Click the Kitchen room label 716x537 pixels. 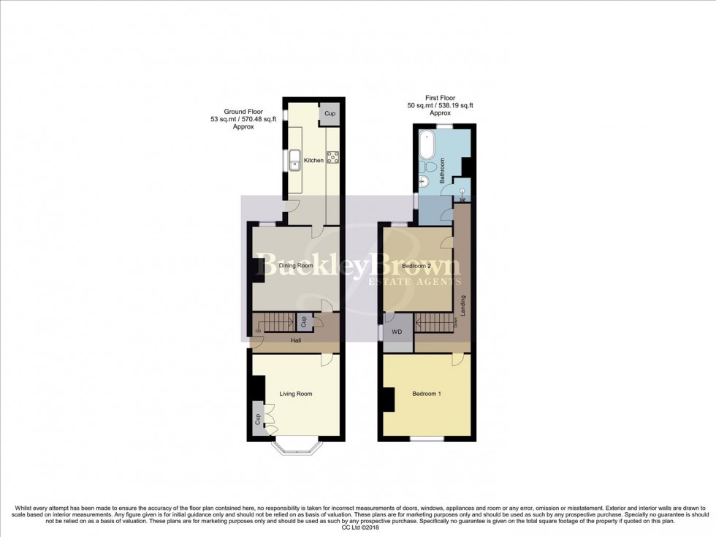(x=313, y=160)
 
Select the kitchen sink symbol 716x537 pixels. (x=296, y=159)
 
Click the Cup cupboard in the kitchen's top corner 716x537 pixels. (x=330, y=113)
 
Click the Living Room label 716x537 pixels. (x=295, y=394)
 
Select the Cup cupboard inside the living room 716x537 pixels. (x=258, y=419)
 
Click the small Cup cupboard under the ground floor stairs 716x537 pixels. (x=302, y=321)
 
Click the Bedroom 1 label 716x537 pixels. (x=427, y=394)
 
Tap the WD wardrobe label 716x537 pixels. (x=397, y=332)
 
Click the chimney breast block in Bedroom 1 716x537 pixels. (x=389, y=400)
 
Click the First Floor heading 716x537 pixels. (x=440, y=98)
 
